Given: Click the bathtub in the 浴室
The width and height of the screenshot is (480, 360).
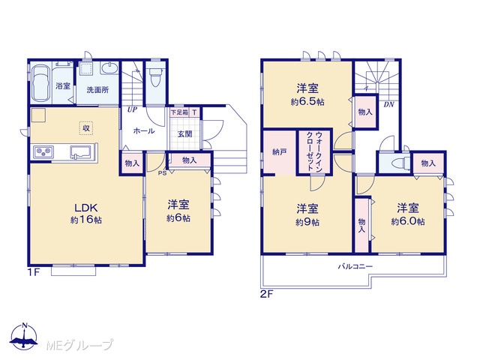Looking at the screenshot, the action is coord(41,83).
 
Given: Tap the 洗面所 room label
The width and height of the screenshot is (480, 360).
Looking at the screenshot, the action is coord(97,90).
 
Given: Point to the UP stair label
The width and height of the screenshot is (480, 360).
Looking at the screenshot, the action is coord(132,109).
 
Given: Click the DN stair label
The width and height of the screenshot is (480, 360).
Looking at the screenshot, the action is coord(388,104).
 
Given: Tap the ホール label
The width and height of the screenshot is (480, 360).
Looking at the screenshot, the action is coord(143,131).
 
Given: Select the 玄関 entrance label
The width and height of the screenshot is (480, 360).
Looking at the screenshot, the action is coord(184,134).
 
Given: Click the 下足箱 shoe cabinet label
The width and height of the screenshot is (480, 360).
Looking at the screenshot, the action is coord(179,112).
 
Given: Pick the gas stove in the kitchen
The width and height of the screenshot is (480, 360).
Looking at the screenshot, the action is coord(43,151).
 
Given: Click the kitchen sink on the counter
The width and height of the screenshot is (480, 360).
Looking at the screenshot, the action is coord(81,151).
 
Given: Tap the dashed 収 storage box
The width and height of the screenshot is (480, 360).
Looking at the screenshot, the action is coord(86,128).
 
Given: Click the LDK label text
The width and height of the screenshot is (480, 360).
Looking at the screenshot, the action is coord(86,208).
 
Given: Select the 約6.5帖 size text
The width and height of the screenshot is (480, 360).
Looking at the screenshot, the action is coord(307,102).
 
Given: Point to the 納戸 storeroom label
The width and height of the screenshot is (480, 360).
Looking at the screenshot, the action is coord(280,151).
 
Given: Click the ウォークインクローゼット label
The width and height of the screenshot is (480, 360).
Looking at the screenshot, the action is coord(315,151).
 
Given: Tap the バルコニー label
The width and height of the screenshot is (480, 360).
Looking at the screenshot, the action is coord(355,266).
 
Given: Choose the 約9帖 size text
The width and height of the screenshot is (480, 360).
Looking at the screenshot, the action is coord(307,222).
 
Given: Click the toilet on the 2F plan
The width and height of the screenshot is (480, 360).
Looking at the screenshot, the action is coord(400,163).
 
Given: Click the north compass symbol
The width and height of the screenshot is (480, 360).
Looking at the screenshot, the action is coord(25,336).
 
